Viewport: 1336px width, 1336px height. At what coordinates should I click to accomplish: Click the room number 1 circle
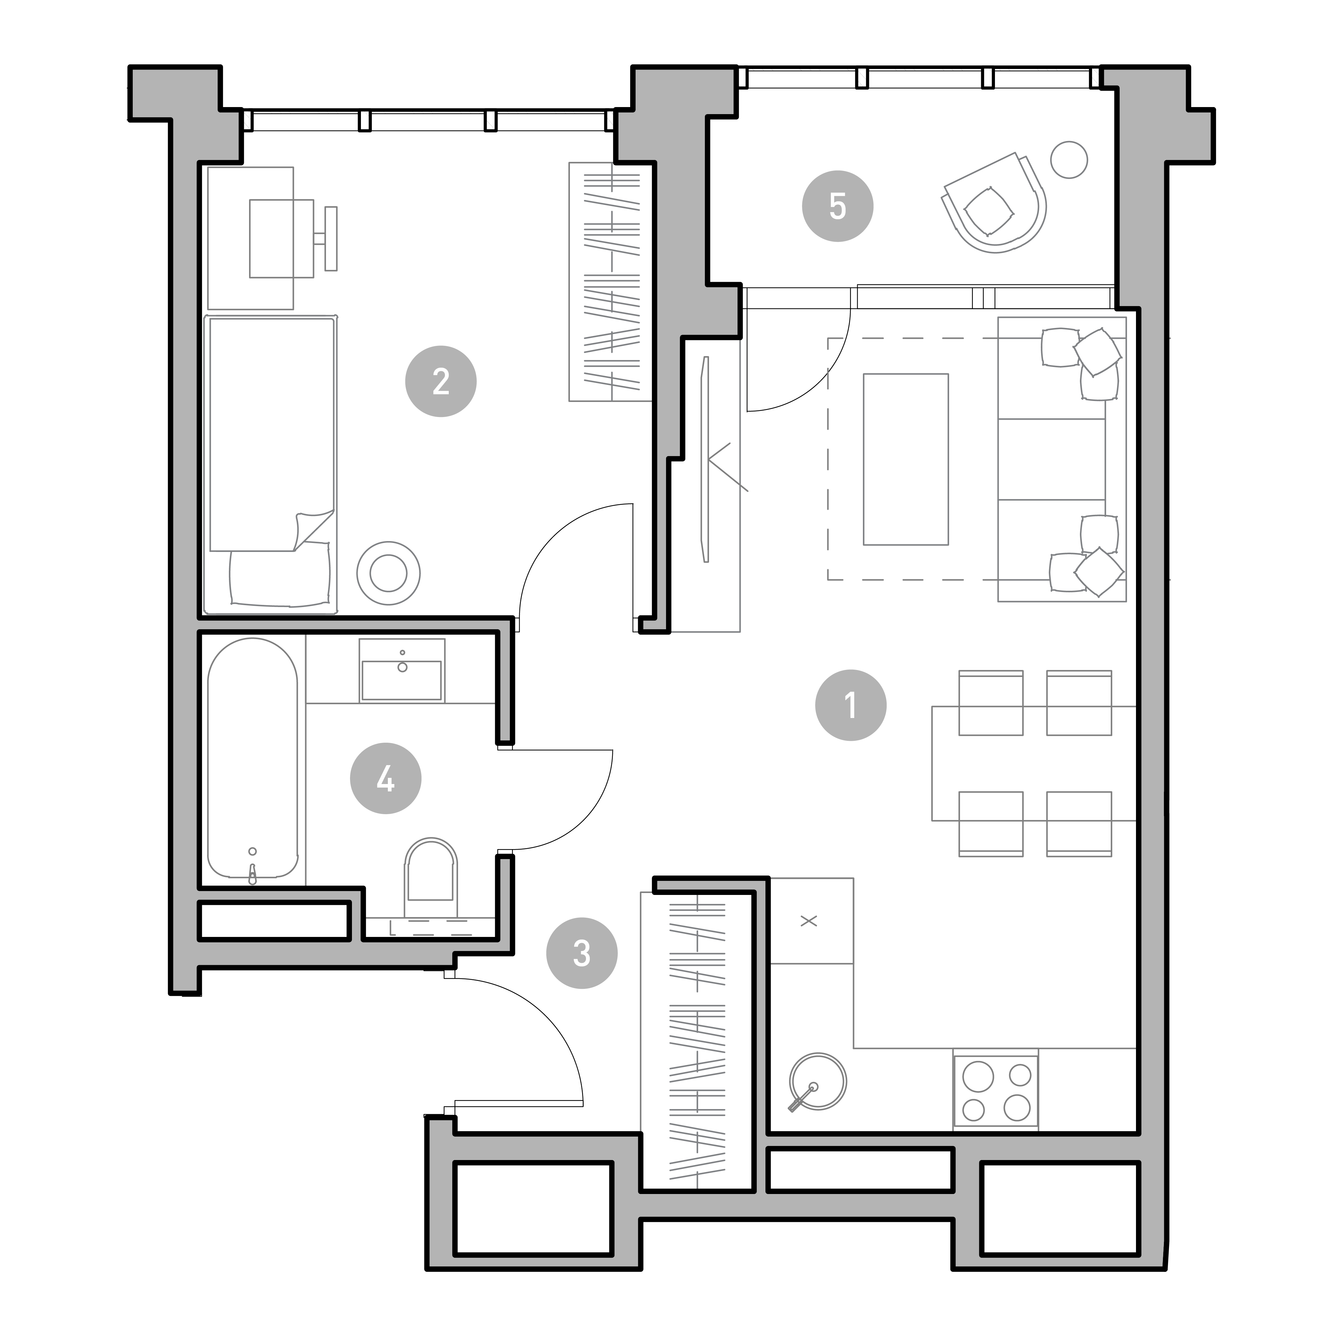(851, 705)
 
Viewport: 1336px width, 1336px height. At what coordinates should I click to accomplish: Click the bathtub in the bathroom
(252, 761)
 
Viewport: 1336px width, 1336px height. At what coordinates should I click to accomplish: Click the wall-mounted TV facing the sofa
(705, 459)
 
